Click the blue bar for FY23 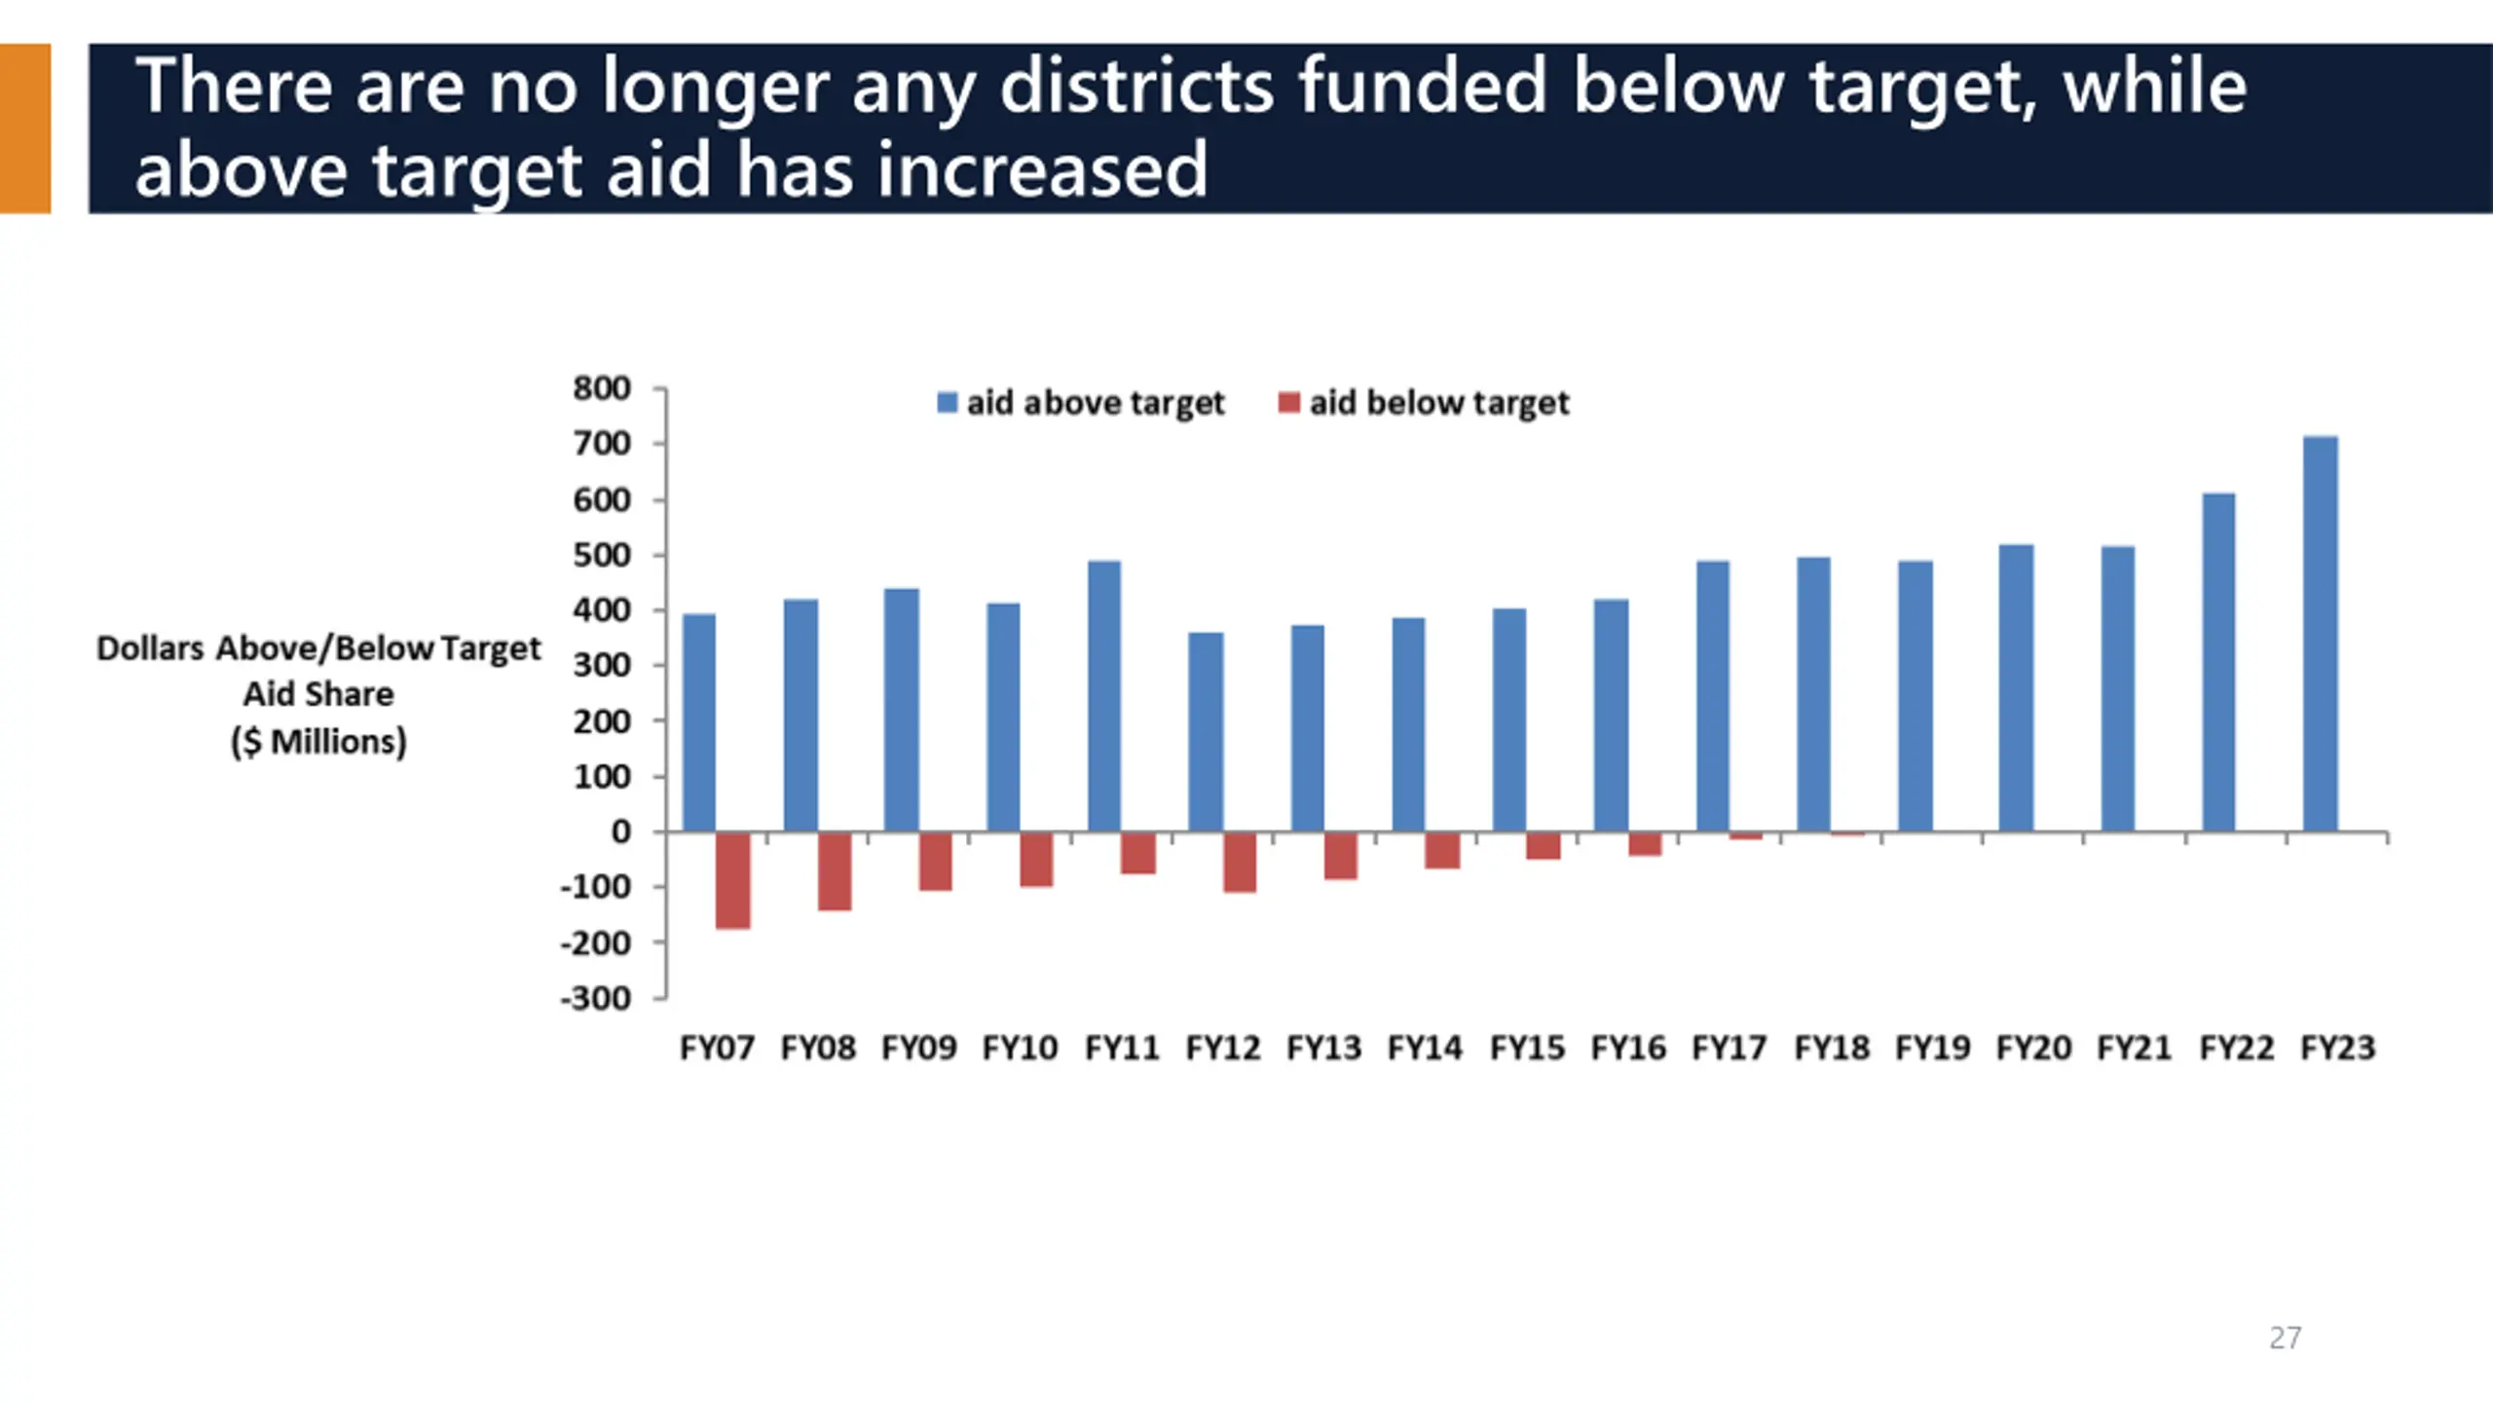2321,634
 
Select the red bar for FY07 733,880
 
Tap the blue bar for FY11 1104,696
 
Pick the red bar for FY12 1240,862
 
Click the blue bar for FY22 2219,663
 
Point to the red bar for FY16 1646,844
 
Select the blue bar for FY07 699,723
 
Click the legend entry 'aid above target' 1081,402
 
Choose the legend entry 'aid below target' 1424,402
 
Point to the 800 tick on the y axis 602,388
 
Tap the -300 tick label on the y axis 596,998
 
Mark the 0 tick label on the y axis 620,832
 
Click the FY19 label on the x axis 1933,1048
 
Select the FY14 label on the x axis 1426,1048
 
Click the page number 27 2286,1338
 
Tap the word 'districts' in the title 1136,86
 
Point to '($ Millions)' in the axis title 318,742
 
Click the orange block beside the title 25,129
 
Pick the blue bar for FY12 1206,733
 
